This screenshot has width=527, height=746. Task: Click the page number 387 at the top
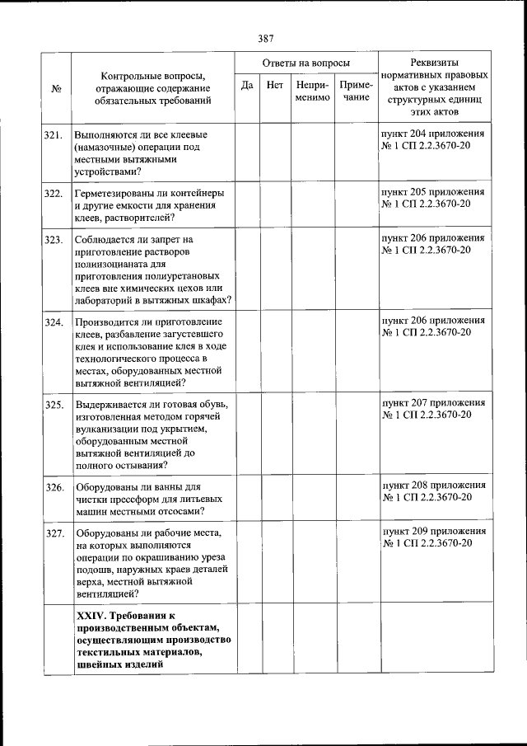point(264,38)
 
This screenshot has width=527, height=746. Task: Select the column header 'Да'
point(246,85)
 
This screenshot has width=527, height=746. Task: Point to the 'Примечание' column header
point(356,91)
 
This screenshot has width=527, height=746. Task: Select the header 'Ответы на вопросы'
point(305,63)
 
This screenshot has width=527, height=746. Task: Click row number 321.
point(55,134)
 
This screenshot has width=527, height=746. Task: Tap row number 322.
point(55,194)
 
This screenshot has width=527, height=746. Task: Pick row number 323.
point(55,240)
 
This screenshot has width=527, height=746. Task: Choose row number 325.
point(55,405)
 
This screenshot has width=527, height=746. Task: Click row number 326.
point(55,487)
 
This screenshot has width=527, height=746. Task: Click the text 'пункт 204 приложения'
point(432,133)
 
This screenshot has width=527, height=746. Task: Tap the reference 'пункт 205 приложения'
point(432,191)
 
